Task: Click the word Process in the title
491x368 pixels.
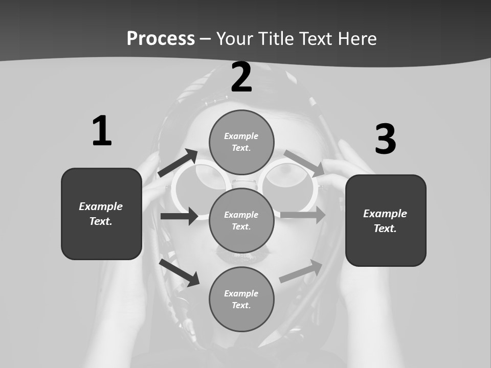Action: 161,39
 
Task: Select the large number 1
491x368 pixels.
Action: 102,131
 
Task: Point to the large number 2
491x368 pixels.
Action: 241,77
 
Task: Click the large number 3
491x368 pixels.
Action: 385,139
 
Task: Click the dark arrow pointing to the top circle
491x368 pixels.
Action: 178,163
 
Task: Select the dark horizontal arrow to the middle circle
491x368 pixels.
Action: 180,216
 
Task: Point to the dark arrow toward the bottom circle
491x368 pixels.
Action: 180,272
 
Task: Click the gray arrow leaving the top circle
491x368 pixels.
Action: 304,163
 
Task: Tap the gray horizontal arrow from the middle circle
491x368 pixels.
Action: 303,215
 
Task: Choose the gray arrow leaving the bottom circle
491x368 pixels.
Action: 301,271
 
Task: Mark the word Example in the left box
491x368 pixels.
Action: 101,206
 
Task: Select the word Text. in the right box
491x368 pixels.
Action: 385,228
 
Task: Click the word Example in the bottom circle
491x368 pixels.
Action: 241,293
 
